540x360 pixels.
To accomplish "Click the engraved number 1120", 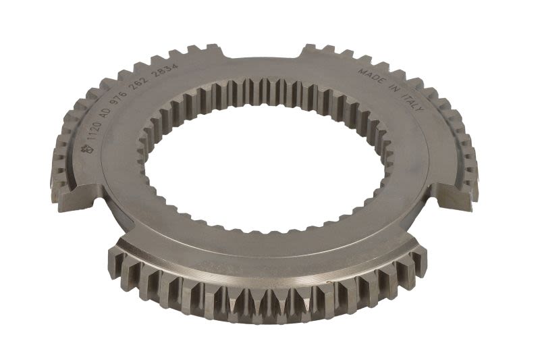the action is coord(94,131).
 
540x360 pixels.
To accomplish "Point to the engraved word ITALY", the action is coord(412,101).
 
